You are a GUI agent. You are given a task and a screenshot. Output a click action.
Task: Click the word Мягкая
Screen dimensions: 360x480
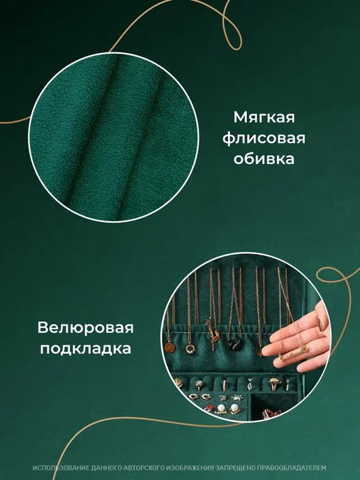tap(264, 117)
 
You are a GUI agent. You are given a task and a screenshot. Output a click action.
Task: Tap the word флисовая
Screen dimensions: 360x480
tap(264, 138)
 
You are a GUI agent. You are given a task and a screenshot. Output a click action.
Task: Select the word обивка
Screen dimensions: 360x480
tap(264, 159)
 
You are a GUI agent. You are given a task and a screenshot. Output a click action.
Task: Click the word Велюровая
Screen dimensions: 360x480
tap(85, 328)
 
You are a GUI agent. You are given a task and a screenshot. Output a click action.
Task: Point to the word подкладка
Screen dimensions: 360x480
tap(85, 348)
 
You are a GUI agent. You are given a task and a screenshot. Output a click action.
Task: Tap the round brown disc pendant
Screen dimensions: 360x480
tap(170, 347)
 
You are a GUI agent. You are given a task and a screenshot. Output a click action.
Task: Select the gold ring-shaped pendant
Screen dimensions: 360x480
tap(190, 349)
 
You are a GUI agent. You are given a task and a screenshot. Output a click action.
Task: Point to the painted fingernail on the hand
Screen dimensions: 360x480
tap(321, 322)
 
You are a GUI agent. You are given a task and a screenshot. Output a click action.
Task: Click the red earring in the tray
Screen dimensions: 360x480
tap(209, 408)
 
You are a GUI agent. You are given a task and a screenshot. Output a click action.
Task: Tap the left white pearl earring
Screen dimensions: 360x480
tap(221, 409)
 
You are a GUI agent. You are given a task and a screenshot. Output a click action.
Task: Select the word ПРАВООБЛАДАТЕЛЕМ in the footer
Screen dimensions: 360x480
tap(291, 468)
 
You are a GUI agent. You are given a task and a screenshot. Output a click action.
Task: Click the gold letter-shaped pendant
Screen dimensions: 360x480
tap(213, 333)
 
